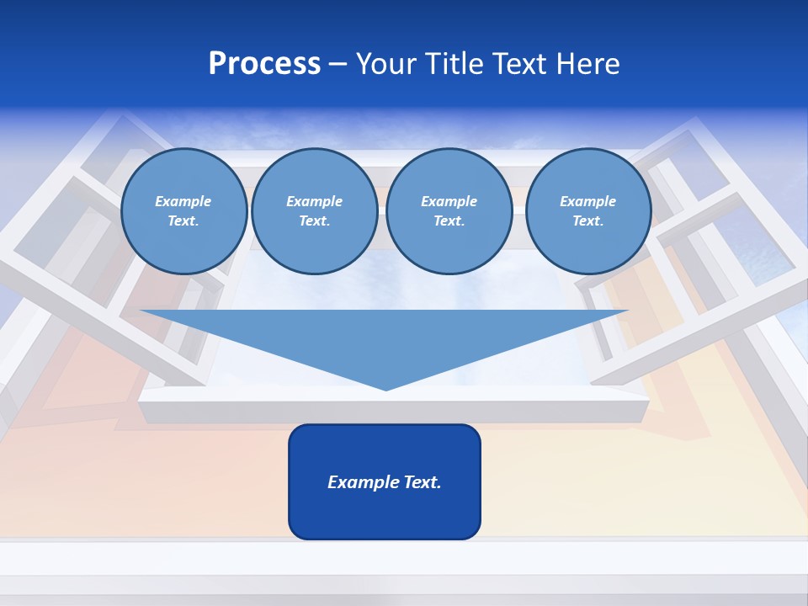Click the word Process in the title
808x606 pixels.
(264, 64)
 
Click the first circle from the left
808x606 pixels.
(183, 211)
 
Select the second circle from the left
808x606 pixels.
(314, 211)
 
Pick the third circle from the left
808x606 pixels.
(449, 211)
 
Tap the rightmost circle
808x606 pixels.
(587, 211)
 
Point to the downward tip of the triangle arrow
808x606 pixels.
(385, 388)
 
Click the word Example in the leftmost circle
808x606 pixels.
(183, 201)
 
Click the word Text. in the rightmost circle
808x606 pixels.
(587, 221)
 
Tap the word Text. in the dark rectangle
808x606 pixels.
(423, 482)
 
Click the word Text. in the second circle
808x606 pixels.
(314, 221)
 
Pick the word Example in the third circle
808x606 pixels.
(449, 201)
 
